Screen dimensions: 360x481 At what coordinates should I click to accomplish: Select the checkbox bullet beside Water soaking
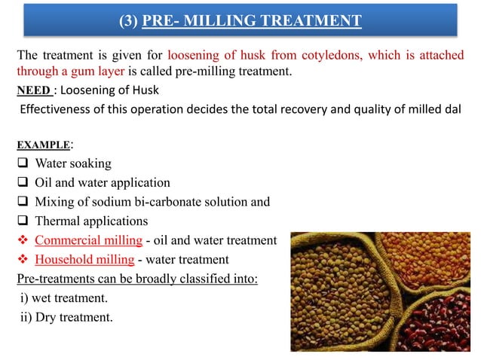point(23,163)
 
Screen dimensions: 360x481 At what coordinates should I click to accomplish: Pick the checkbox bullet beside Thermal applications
point(23,221)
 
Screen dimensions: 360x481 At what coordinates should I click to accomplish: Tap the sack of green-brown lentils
point(347,301)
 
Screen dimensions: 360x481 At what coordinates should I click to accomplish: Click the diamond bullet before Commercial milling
point(23,241)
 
